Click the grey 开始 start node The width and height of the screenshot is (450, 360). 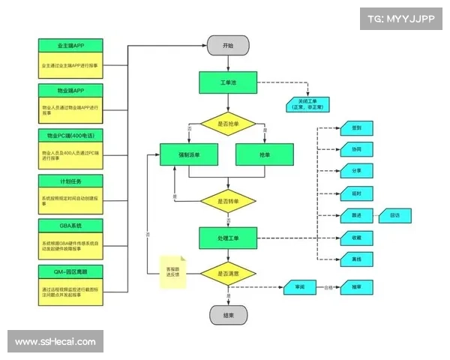click(228, 45)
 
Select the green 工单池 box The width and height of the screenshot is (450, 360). click(228, 82)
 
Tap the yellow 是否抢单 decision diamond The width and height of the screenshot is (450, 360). click(228, 123)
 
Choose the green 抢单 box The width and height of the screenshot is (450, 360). click(264, 155)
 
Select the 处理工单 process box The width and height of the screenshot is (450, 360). click(228, 238)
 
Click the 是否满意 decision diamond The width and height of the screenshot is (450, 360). click(228, 274)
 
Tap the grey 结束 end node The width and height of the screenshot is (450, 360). click(228, 316)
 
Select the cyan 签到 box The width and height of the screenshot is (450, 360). click(356, 128)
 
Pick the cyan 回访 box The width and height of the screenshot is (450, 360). click(394, 216)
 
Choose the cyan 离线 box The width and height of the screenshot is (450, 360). click(356, 259)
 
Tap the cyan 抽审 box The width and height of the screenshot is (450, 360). click(356, 287)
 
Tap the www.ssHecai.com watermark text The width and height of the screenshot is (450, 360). click(55, 342)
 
